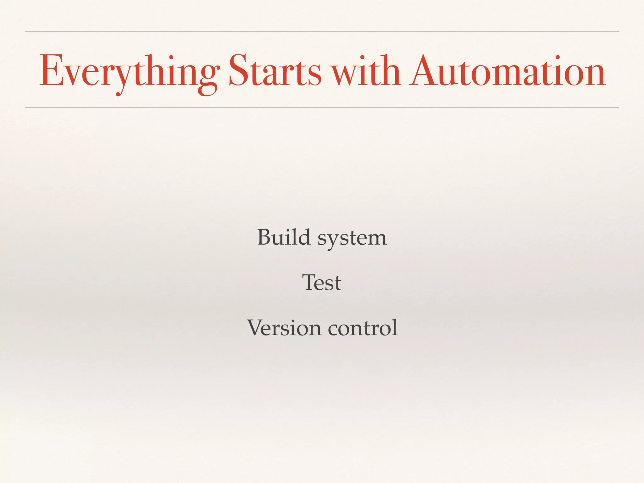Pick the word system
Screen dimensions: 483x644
point(352,239)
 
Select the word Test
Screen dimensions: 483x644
point(322,282)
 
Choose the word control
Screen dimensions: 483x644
point(363,328)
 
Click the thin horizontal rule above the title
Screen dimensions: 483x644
point(322,31)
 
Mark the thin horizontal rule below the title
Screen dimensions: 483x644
point(322,108)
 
